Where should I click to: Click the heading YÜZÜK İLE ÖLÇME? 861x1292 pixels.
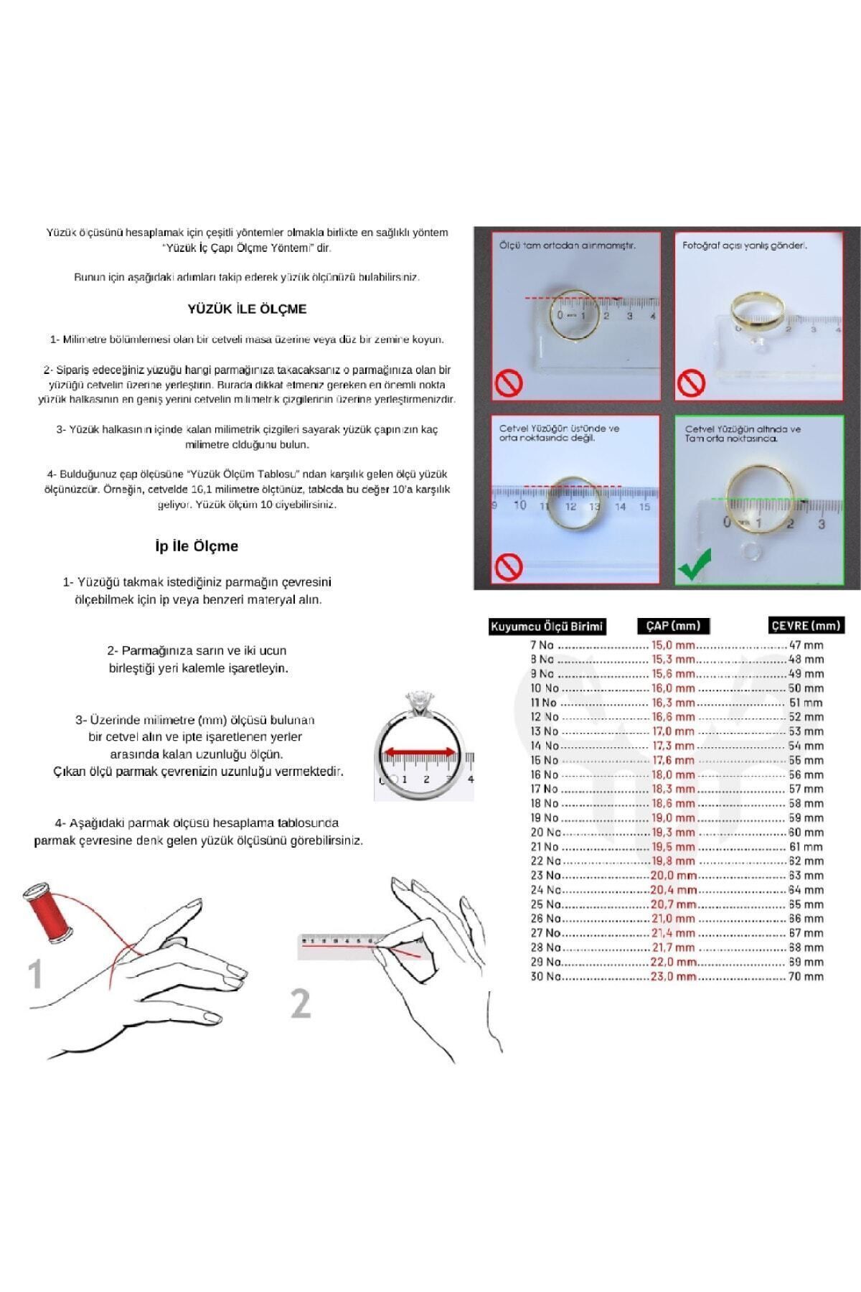247,309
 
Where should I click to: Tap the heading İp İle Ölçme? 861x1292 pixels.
197,546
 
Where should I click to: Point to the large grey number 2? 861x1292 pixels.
301,1003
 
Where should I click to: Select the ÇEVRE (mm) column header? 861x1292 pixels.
805,626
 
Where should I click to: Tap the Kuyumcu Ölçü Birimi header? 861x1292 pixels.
547,627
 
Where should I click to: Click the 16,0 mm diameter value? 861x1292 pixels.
673,688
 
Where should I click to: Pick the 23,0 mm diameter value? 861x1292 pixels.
673,977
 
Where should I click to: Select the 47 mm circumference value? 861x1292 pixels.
806,645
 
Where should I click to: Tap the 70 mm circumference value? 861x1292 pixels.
806,977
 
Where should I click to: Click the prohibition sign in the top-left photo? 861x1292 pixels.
508,383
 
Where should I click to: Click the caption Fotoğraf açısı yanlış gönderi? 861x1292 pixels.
744,245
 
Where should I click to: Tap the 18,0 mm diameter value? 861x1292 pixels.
673,774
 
